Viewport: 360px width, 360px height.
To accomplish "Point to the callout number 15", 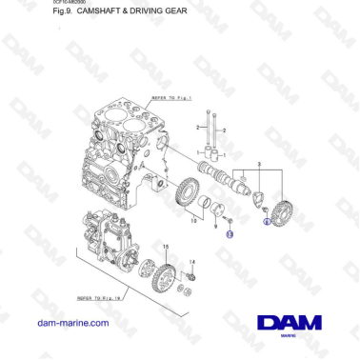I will point(166,247).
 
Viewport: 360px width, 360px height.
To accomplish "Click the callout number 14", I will point(193,262).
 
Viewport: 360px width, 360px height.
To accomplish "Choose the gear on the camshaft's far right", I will point(282,208).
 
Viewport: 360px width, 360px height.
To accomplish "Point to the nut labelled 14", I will point(193,277).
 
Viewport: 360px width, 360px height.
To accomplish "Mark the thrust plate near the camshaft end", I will point(252,198).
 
